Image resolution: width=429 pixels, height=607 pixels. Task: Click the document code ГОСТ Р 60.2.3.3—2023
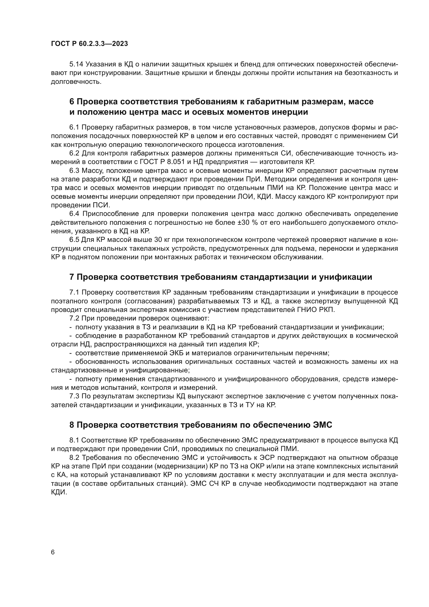click(89, 44)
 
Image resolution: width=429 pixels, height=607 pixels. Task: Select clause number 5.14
click(76, 64)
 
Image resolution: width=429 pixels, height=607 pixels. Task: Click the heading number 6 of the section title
click(72, 102)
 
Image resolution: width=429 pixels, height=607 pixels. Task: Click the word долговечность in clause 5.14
click(76, 82)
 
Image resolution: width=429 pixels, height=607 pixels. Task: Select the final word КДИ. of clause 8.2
click(59, 492)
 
